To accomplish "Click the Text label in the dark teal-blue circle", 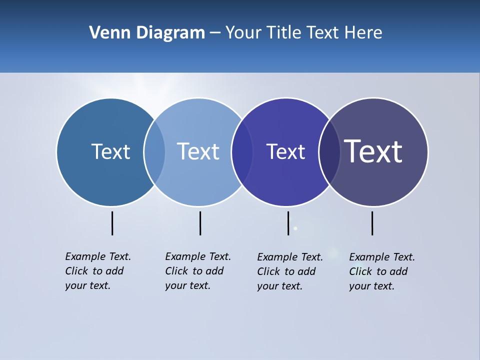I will point(110,151).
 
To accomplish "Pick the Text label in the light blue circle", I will point(198,151).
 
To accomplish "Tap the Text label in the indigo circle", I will point(285,151).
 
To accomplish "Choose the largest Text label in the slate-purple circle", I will point(373,151).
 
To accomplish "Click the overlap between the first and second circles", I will point(154,152).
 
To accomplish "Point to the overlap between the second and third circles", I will point(242,152).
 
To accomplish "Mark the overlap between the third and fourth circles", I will point(329,152).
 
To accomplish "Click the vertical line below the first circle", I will point(112,223).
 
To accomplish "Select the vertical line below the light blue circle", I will point(200,223).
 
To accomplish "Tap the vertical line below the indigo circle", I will point(288,223).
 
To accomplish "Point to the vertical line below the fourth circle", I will point(372,223).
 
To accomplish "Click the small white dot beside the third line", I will point(295,228).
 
